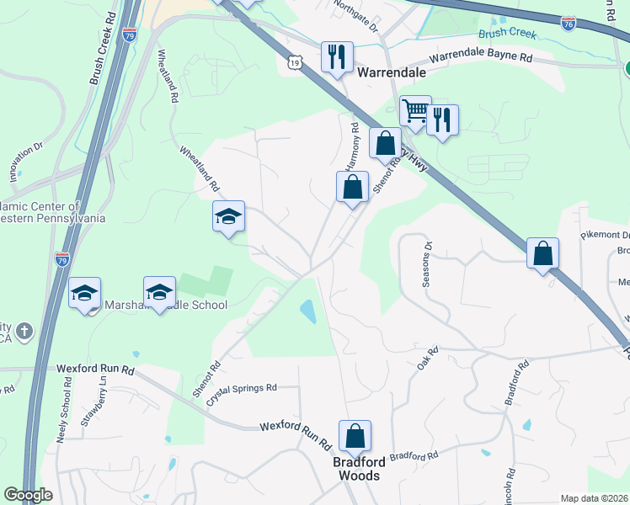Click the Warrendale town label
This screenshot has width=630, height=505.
point(391,72)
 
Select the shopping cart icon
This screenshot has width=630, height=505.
point(414,110)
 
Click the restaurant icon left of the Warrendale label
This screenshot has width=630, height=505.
point(336,57)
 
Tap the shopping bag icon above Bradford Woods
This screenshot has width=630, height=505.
point(355,436)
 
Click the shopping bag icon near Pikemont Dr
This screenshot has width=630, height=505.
point(543,252)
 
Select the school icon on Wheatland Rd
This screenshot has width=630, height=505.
point(228,216)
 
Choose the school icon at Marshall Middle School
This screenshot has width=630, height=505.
point(159,292)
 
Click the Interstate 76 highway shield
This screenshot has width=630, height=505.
point(569,25)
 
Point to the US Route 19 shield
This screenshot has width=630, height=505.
point(293,62)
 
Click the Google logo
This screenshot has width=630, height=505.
point(29,495)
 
